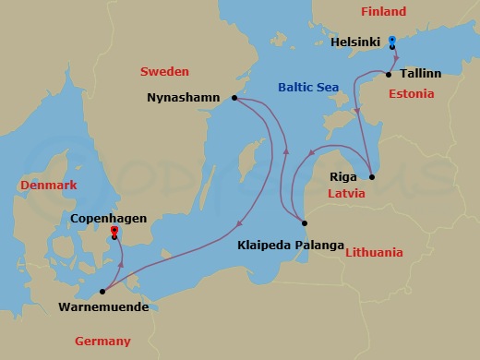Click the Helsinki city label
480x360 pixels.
click(357, 42)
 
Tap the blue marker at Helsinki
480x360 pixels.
click(391, 42)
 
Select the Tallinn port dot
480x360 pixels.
click(389, 74)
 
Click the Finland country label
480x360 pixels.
click(382, 12)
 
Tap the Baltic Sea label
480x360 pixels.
click(308, 88)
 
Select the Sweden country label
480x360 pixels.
click(164, 71)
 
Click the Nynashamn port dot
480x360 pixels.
click(235, 98)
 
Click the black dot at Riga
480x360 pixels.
click(371, 177)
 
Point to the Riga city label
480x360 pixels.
click(343, 174)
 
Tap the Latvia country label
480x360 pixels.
click(347, 194)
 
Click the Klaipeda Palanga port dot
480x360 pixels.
click(304, 222)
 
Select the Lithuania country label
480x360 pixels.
click(373, 252)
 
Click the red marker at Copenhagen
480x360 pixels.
click(114, 231)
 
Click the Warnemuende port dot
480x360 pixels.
click(103, 291)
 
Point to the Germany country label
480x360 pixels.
click(102, 341)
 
